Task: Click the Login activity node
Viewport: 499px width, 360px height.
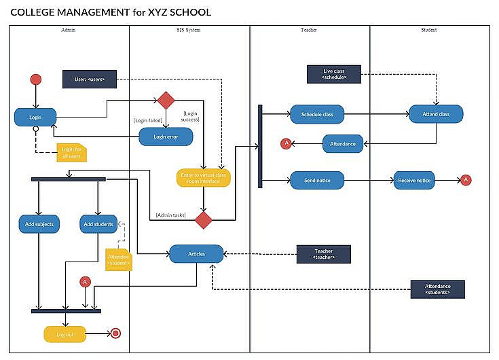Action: (x=35, y=117)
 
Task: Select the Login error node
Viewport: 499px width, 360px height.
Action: (x=166, y=137)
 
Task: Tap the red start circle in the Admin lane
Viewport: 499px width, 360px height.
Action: (x=35, y=79)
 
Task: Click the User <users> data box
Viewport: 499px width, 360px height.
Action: (x=89, y=79)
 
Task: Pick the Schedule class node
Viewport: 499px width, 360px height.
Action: (x=317, y=114)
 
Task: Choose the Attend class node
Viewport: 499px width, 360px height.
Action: (x=436, y=114)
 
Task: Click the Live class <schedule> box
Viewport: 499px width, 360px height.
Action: (x=333, y=74)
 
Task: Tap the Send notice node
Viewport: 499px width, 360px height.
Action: (x=317, y=180)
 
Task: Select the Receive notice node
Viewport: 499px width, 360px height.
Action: (x=414, y=180)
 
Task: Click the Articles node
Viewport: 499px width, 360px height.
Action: (x=196, y=254)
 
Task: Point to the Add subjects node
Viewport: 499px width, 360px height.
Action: (x=39, y=223)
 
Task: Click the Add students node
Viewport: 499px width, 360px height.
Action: (x=98, y=223)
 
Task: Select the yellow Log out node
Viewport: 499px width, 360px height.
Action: (x=66, y=334)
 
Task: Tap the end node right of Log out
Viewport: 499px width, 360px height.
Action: (x=115, y=334)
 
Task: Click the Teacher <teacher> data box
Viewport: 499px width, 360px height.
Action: (x=324, y=255)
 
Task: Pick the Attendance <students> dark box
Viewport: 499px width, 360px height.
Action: (x=437, y=289)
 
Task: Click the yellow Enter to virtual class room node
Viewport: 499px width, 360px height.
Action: (x=204, y=178)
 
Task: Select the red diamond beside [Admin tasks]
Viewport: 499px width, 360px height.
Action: (x=204, y=219)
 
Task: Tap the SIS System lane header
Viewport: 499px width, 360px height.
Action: (x=189, y=30)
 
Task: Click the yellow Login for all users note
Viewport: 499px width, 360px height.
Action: (x=71, y=153)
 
